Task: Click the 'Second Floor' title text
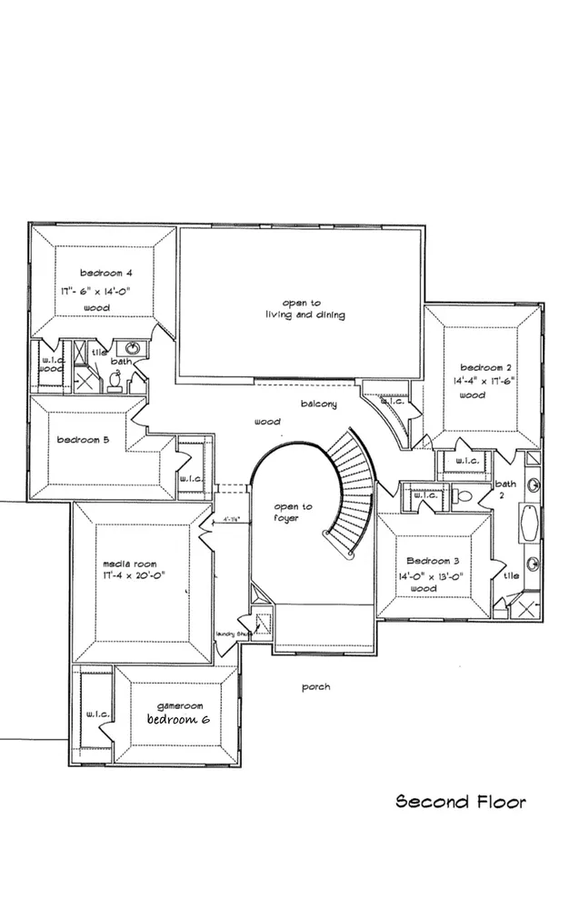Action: [x=460, y=802]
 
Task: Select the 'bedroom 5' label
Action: [x=84, y=441]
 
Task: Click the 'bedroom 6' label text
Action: [x=179, y=719]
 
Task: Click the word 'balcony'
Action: [x=319, y=404]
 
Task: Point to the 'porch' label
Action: [x=315, y=687]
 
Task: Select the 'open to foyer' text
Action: [x=294, y=513]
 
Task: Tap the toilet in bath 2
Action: [x=463, y=497]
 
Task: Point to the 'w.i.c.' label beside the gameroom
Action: [x=98, y=714]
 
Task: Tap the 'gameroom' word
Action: [x=179, y=705]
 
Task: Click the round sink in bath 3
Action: [x=133, y=348]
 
